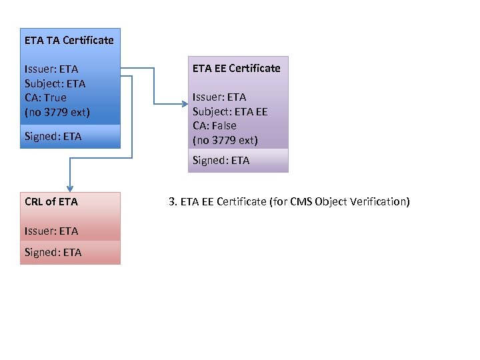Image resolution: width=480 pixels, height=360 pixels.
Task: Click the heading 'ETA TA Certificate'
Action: (x=69, y=40)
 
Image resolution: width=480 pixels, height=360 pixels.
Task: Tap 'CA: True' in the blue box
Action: (x=45, y=97)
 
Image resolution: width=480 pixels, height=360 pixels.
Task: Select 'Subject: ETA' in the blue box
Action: (x=55, y=83)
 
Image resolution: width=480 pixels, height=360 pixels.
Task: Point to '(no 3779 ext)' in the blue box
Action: (x=57, y=111)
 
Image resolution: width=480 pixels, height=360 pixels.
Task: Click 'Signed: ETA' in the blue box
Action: (x=53, y=137)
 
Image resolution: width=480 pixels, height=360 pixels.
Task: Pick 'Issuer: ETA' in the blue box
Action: (x=51, y=69)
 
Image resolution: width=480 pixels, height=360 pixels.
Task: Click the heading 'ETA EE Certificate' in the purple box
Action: (x=236, y=68)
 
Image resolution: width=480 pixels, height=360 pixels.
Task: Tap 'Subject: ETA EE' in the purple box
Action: (x=230, y=111)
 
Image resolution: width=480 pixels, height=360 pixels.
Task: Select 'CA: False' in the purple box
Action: (x=215, y=125)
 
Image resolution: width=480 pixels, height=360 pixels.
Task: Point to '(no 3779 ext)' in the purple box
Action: (x=225, y=140)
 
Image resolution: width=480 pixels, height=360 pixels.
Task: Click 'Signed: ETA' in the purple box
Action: (x=221, y=160)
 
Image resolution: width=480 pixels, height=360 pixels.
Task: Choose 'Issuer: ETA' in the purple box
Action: (x=219, y=97)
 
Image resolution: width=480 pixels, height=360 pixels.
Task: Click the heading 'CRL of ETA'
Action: (x=51, y=201)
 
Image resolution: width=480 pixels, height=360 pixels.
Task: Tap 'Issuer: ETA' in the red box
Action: (x=51, y=231)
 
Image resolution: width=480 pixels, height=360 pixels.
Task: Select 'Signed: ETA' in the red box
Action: (x=53, y=252)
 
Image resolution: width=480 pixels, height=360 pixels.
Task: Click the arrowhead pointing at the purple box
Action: (x=185, y=103)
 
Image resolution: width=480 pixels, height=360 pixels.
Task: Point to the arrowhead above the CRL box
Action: (x=69, y=188)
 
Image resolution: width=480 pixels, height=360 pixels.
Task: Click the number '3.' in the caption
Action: (x=173, y=201)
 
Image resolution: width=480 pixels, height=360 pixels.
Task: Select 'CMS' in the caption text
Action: (x=297, y=201)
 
